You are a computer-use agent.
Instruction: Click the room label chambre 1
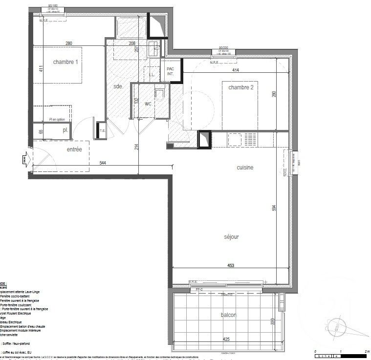click(x=65, y=62)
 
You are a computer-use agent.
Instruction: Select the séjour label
click(x=231, y=237)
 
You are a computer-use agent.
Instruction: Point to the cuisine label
click(x=245, y=168)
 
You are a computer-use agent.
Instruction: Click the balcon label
click(x=228, y=316)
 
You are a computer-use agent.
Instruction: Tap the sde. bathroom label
click(x=118, y=86)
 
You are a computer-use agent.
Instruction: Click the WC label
click(x=148, y=104)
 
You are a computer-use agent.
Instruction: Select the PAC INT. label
click(x=170, y=71)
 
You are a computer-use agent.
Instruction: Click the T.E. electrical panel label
click(x=103, y=130)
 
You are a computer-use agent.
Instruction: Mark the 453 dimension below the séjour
click(x=231, y=266)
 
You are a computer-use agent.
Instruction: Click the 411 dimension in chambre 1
click(x=42, y=69)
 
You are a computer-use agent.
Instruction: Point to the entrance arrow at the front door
click(x=25, y=158)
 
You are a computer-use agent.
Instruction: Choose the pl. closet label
click(x=65, y=131)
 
